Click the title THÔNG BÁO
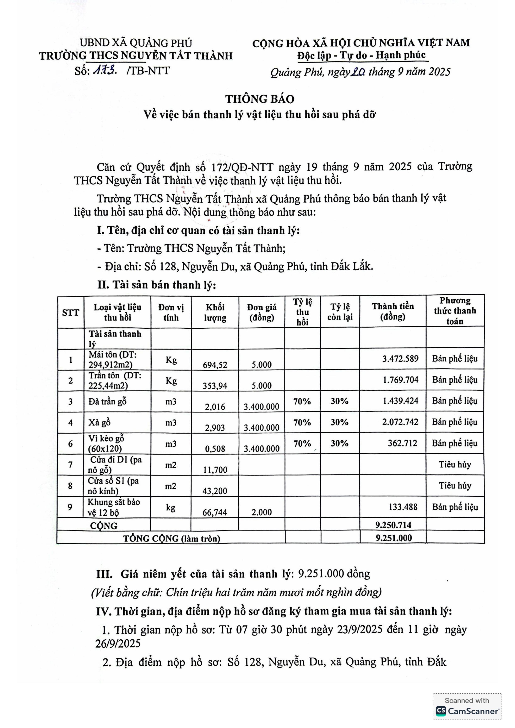tap(260, 99)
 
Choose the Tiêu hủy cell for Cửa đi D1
tap(455, 465)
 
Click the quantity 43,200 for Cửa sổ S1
tap(215, 491)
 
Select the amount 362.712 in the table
tap(402, 443)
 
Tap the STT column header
tap(70, 313)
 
